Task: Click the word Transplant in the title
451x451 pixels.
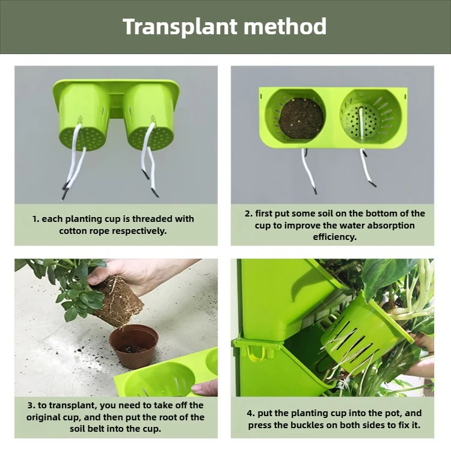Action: coord(180,26)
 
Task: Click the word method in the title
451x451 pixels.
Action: coord(285,26)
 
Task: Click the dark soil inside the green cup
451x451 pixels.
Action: coord(301,118)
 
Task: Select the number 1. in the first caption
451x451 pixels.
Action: coord(35,219)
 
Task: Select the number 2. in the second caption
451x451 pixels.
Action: coord(249,213)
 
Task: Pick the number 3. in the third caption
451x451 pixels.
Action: coord(31,405)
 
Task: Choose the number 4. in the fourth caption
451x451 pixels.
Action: coord(251,413)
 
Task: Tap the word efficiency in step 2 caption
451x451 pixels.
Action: coord(335,237)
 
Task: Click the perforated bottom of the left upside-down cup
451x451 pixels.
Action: coord(84,138)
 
